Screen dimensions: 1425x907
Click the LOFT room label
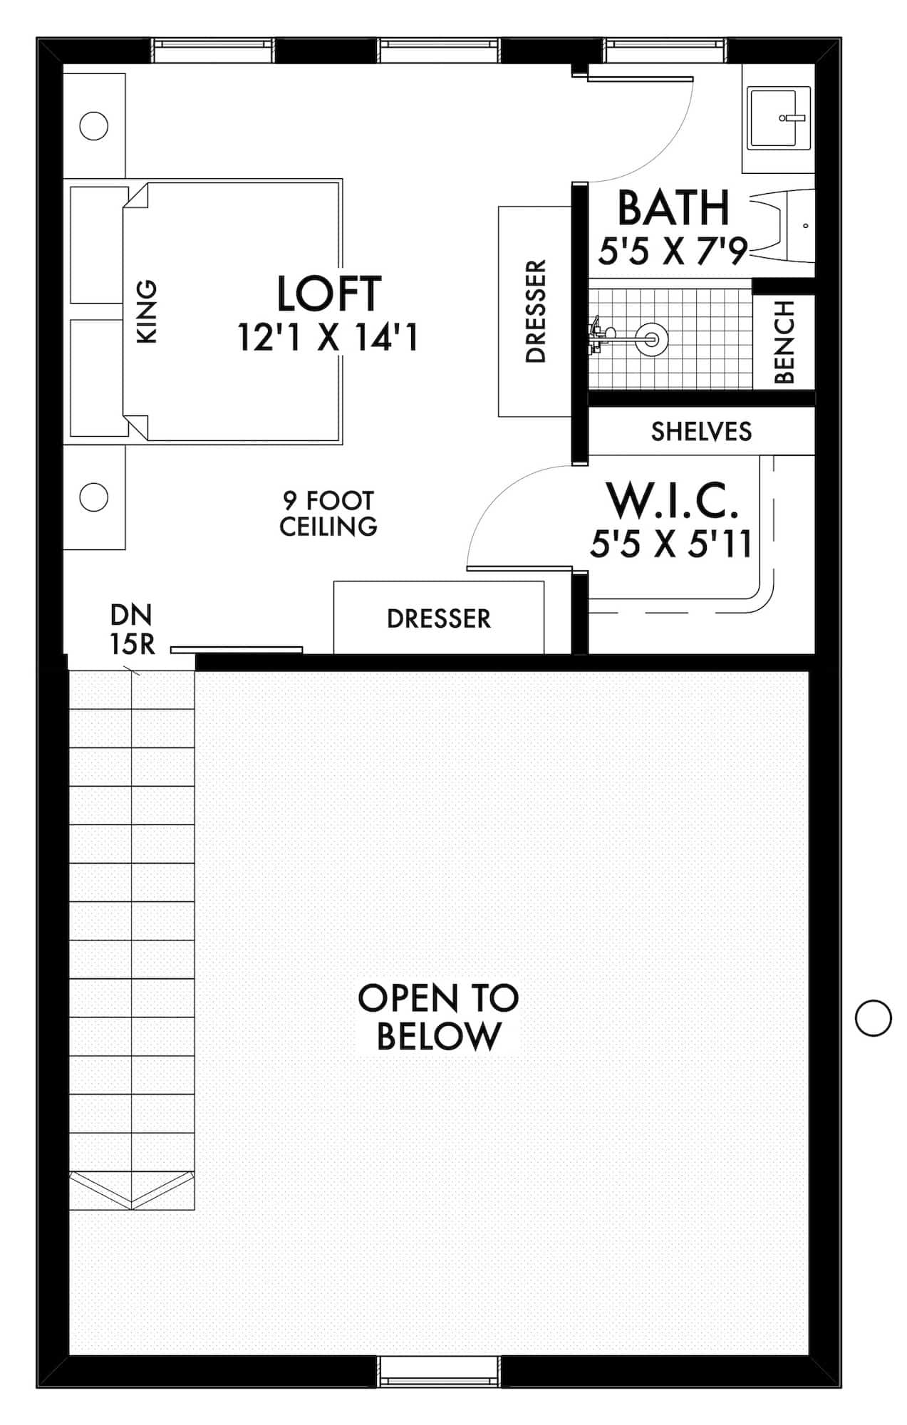coord(328,294)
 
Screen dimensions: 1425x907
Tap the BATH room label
coord(673,207)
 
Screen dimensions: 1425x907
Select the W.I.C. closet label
coord(671,500)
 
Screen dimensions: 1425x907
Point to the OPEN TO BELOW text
coord(438,1017)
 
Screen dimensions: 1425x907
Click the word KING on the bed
coord(146,311)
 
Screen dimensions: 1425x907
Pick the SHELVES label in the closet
coord(701,431)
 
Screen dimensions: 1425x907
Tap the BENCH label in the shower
coord(784,342)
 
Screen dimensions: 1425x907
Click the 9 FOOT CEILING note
coord(328,513)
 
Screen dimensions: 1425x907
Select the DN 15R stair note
coord(132,629)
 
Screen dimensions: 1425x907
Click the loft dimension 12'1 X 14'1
coord(328,336)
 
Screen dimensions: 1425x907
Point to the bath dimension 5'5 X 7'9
coord(673,251)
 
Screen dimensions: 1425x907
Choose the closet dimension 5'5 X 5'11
coord(671,544)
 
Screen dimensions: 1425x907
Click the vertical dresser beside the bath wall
coord(534,311)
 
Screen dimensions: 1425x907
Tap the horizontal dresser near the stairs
coord(439,618)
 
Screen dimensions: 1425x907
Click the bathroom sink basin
coord(778,118)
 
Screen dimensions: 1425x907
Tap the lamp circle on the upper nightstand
coord(93,126)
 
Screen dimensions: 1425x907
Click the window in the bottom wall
coord(438,1371)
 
